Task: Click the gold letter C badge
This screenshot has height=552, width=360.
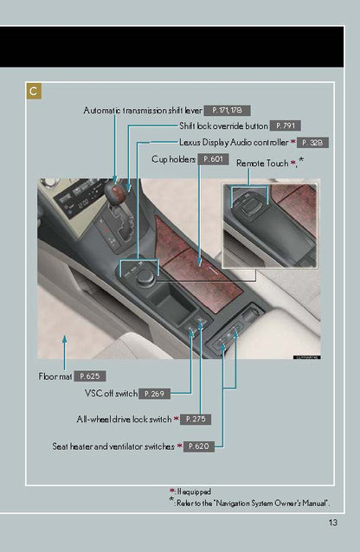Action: pos(34,91)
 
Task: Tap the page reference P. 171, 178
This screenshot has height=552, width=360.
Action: pos(228,111)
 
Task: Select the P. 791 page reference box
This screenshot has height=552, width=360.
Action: pos(286,125)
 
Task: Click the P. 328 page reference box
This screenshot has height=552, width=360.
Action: pos(312,143)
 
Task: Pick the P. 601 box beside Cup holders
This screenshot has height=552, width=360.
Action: pos(214,159)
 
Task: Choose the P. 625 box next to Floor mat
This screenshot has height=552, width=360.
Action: pos(90,376)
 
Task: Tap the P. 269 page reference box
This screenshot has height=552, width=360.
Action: pos(154,394)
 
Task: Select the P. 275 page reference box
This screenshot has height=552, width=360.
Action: pos(196,420)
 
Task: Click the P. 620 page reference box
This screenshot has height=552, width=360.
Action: pos(199,446)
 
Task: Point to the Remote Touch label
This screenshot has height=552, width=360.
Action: pos(262,164)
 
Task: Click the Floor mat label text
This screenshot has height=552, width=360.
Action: pos(55,376)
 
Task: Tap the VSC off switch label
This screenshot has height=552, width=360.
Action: pos(111,393)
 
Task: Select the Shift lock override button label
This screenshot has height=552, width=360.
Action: pos(223,125)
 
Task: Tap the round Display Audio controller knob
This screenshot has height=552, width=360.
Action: pos(145,279)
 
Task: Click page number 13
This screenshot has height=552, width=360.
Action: pos(333,523)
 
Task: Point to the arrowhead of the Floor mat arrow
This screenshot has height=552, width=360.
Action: pos(64,338)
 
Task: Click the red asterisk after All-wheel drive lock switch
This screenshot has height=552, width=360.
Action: pos(177,419)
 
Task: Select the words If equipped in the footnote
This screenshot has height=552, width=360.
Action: pos(194,491)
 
